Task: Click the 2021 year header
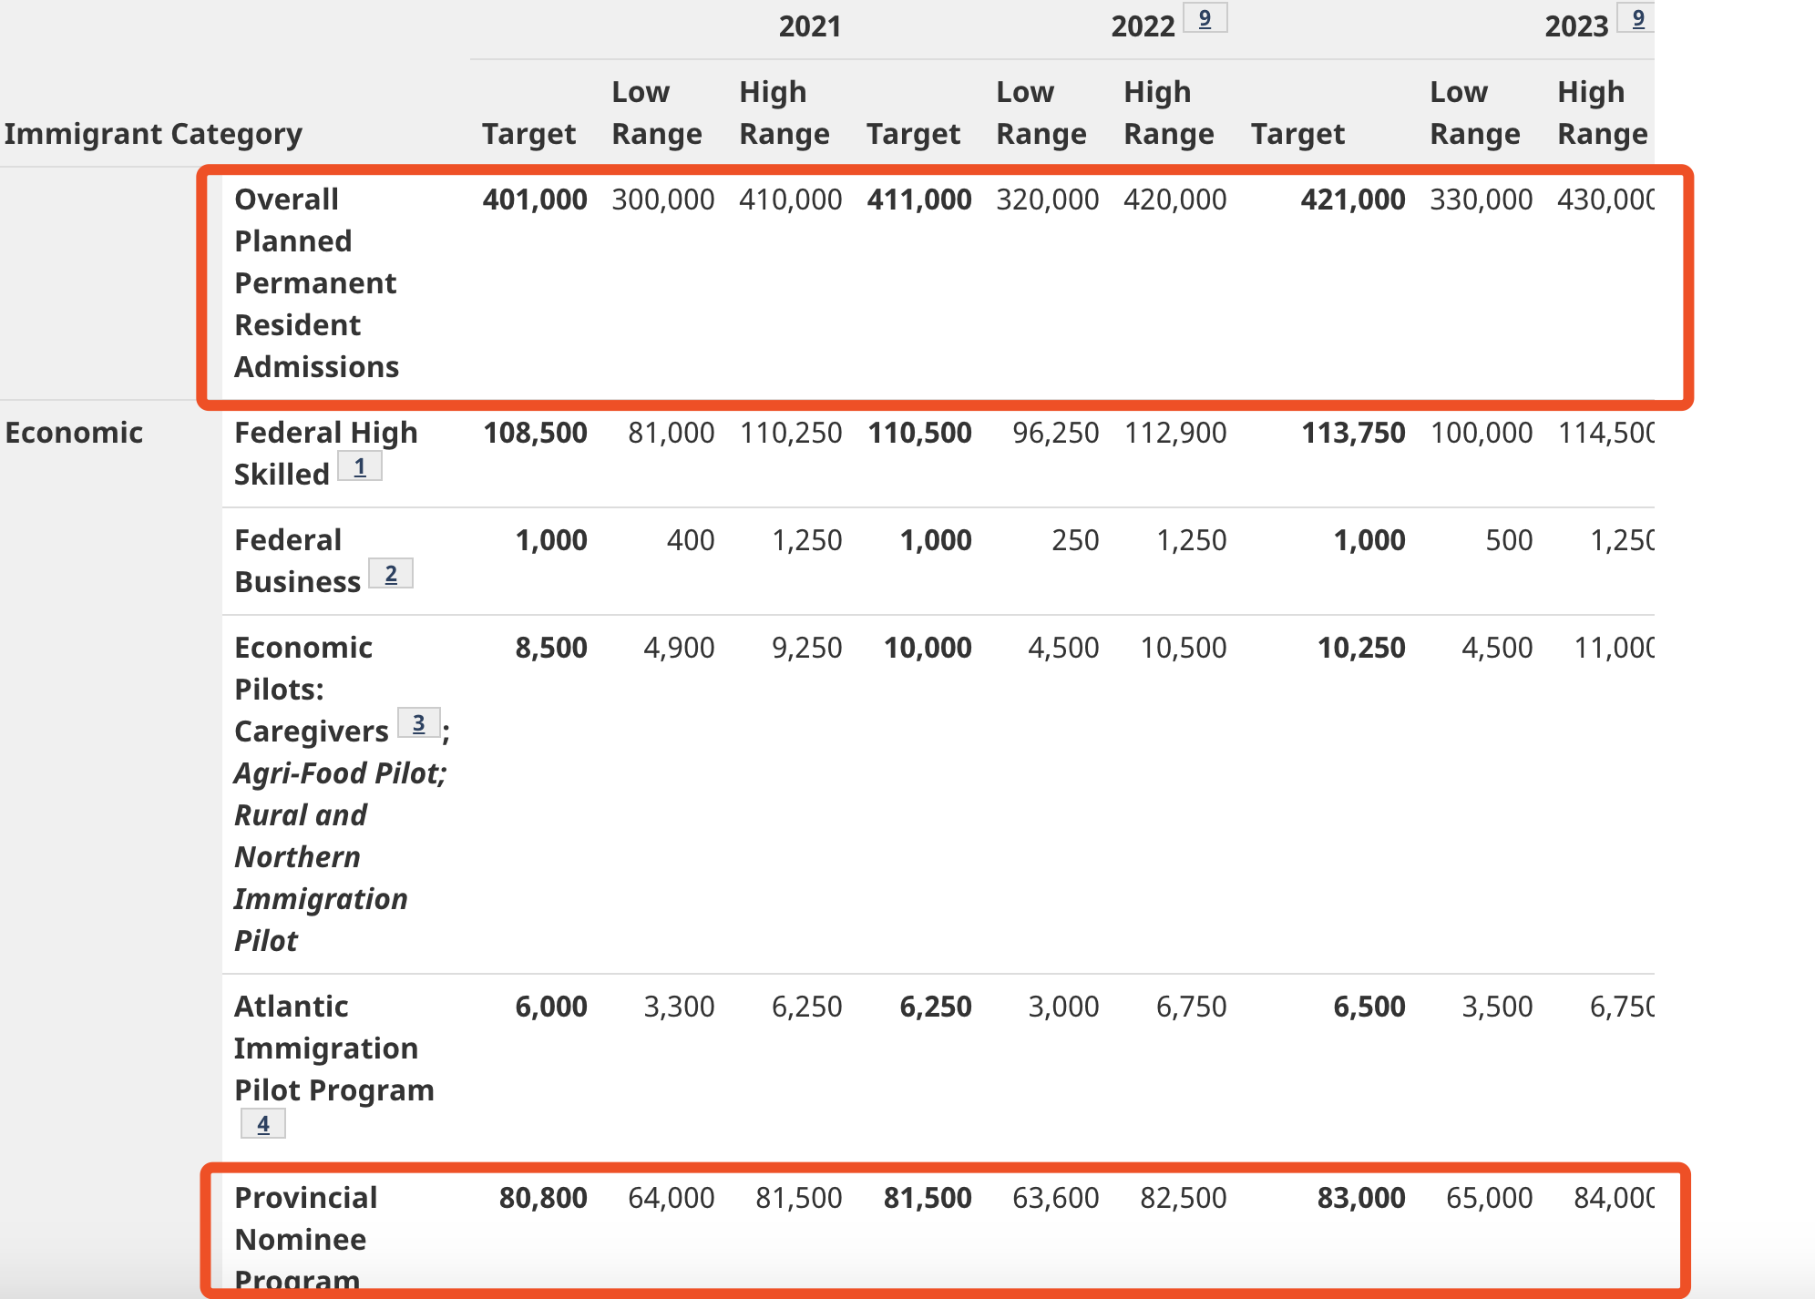809,26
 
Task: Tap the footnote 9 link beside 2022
1205,18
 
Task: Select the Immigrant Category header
153,134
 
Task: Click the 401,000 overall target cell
535,199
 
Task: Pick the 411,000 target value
919,199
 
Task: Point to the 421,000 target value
1353,199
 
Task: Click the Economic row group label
74,433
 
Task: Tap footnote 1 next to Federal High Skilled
360,466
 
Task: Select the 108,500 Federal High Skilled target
535,433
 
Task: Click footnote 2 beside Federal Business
391,574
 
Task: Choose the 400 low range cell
691,540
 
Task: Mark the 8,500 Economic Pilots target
551,648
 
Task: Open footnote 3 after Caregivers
419,723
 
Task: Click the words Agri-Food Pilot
340,773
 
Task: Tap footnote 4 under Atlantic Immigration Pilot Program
263,1124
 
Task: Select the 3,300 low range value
679,1007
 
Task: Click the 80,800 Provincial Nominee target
543,1198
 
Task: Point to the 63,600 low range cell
1055,1198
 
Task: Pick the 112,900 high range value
1175,433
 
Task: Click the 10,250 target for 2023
1361,648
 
